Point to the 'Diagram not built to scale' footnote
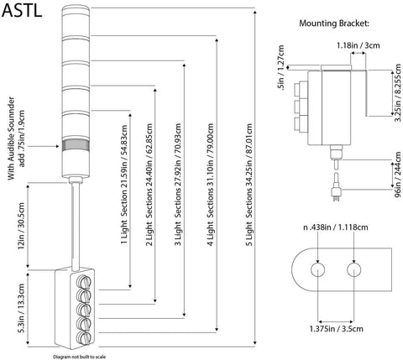coord(80,355)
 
